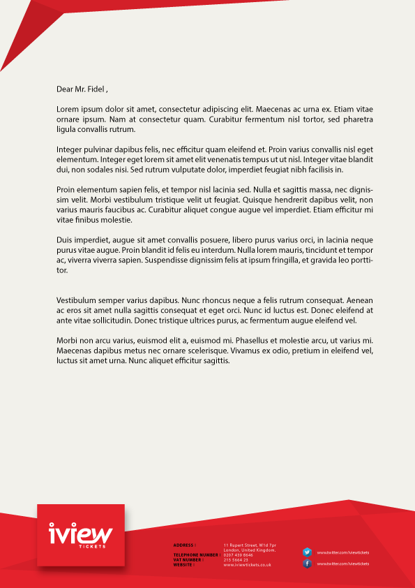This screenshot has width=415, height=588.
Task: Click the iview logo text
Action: pos(80,534)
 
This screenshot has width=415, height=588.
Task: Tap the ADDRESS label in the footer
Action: pos(184,545)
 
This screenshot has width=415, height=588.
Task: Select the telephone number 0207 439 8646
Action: pos(239,555)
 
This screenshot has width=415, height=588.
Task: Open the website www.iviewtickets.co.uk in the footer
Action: pos(248,565)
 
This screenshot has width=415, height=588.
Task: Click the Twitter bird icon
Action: pos(307,552)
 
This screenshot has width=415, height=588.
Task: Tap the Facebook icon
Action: pos(307,564)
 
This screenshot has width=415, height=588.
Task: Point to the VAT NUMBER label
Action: pos(188,560)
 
